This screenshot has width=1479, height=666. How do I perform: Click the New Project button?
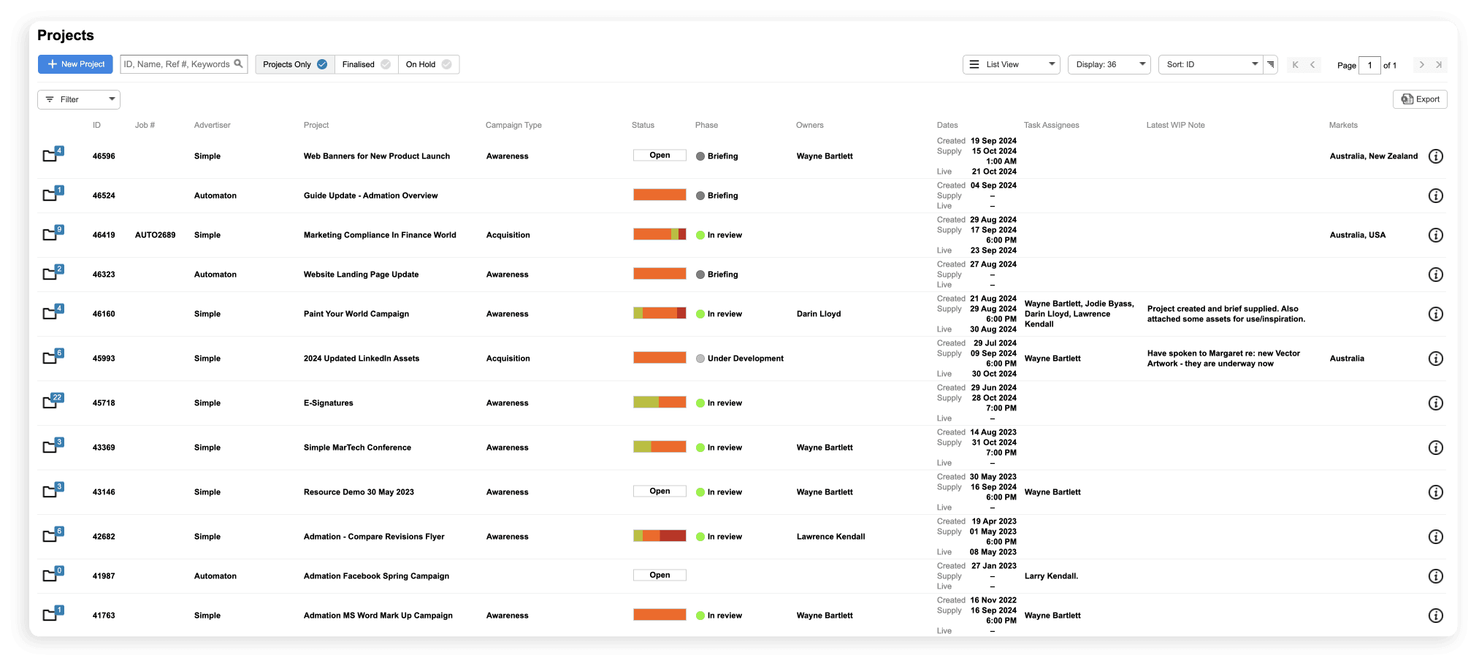point(75,64)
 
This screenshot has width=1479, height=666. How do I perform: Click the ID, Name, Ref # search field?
point(177,64)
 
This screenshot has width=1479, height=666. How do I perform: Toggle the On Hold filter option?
point(429,64)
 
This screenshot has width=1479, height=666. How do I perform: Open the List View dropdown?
point(1011,64)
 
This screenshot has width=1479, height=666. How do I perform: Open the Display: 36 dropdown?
point(1109,64)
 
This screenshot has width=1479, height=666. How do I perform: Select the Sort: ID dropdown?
point(1210,64)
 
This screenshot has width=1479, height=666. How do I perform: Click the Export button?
point(1420,99)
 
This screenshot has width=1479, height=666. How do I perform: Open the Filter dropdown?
point(79,99)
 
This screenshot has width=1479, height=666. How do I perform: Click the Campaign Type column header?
point(513,125)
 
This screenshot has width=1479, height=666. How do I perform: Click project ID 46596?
point(104,156)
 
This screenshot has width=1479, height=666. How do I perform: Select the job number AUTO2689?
point(155,235)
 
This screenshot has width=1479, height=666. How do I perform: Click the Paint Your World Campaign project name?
point(356,314)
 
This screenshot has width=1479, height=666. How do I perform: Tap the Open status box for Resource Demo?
point(660,491)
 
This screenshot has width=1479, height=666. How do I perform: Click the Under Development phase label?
point(745,359)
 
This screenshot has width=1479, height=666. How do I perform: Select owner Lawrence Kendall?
point(830,537)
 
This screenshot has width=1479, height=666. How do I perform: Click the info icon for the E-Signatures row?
point(1435,403)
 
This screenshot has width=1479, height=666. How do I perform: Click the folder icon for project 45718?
point(50,402)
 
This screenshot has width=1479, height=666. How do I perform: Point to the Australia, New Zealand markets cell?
point(1373,156)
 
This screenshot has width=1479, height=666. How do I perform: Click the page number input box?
point(1369,65)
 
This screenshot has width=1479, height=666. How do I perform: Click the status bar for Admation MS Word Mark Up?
point(660,615)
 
